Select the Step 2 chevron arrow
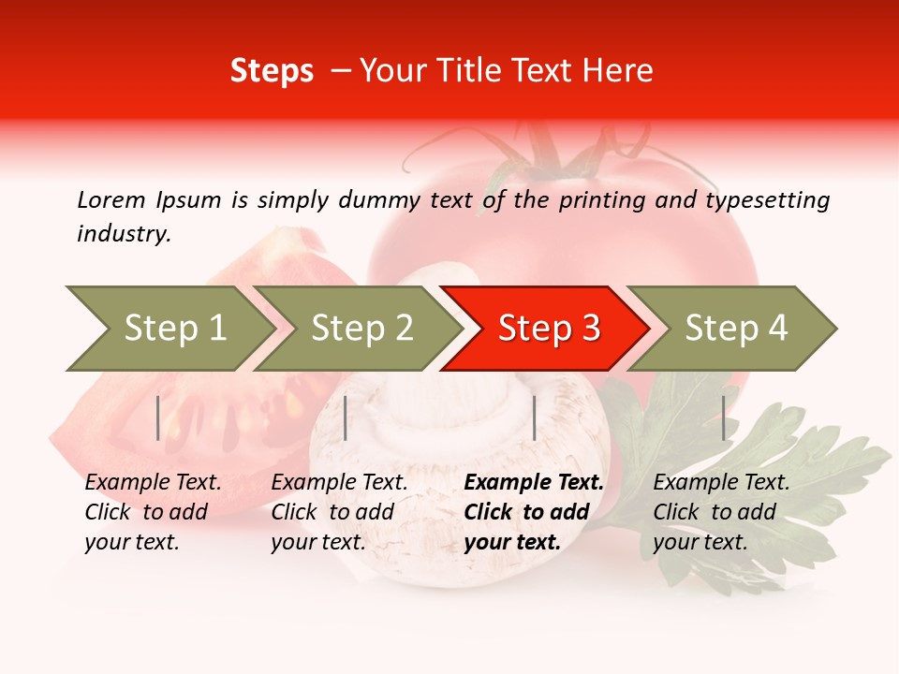(x=361, y=329)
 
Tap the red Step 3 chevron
(x=548, y=329)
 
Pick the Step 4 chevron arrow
(x=735, y=329)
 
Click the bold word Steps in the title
(x=272, y=70)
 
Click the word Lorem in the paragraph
(x=111, y=199)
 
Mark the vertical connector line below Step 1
(x=158, y=418)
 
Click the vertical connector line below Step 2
(x=346, y=418)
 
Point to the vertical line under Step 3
(x=534, y=418)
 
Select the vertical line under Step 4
(x=723, y=418)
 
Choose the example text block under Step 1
(x=152, y=512)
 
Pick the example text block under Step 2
(x=338, y=512)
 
